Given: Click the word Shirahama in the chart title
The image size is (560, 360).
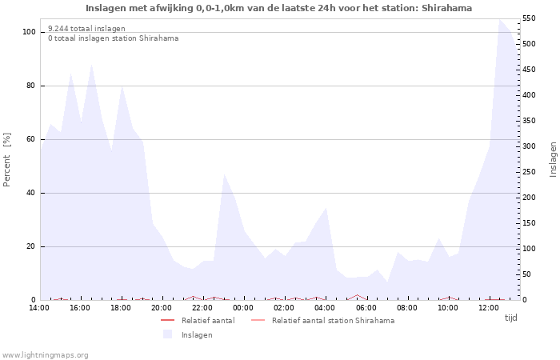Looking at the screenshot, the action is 446,8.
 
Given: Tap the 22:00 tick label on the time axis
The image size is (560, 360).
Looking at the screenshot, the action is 202,308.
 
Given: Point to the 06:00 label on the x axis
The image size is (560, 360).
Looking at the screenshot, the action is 366,308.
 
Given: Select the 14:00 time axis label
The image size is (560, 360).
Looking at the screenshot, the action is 39,308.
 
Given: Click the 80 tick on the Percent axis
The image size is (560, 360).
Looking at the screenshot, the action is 30,86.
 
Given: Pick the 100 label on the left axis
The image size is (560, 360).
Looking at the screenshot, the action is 29,32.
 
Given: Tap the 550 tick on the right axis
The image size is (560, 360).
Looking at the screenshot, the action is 529,18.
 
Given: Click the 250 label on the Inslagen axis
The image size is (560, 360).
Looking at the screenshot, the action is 529,172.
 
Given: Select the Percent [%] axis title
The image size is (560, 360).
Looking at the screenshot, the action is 6,160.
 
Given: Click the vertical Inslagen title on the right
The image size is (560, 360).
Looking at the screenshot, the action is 553,160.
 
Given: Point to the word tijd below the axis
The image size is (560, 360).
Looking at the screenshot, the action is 510,318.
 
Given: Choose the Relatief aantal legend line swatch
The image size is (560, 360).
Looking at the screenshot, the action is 167,320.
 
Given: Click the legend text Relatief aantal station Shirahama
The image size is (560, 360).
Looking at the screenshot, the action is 334,321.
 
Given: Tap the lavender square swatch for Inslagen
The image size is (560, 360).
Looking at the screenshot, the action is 167,334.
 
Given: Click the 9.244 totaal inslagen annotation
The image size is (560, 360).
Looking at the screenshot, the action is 86,29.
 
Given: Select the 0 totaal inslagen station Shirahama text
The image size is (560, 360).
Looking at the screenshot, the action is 114,38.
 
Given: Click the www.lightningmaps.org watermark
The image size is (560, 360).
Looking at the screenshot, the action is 44,355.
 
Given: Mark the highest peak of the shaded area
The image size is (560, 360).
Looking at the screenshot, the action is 500,20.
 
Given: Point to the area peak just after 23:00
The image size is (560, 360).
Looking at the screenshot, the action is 224,174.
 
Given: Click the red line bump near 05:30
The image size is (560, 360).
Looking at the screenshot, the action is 357,295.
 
